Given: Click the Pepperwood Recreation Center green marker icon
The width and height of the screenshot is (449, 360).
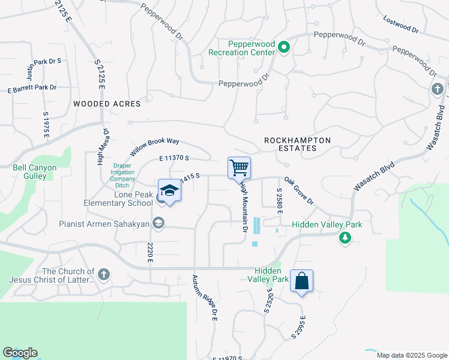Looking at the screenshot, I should tap(284, 48).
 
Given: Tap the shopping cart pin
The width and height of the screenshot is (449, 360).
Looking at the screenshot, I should tap(239, 167).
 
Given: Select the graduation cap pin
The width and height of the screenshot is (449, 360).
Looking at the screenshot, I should tap(170, 191).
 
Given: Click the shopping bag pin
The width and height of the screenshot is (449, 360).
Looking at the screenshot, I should tap(301, 281).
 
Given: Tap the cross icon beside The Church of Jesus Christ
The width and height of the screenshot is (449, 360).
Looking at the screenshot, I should tap(103, 275).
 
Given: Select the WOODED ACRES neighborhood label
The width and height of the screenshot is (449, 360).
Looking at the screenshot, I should tap(107, 104).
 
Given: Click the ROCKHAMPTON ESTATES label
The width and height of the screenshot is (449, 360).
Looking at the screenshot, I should tap(298, 144).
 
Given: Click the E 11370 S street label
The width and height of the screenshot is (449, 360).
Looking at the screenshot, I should tap(175, 158).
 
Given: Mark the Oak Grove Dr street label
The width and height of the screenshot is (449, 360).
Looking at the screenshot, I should tap(299, 190).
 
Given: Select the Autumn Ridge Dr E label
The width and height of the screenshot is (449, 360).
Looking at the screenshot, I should tap(205, 298).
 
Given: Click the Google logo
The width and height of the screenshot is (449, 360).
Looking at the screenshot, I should tap(20, 353).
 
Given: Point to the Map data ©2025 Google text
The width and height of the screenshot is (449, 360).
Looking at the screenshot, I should tap(411, 355).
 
